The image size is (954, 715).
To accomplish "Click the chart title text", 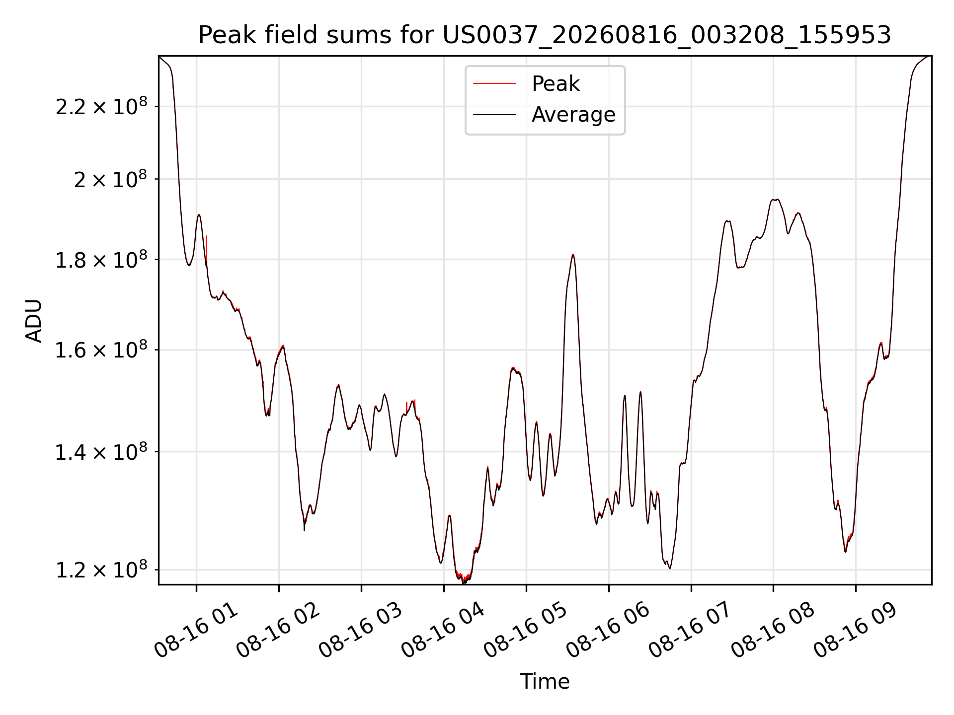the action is (x=545, y=35).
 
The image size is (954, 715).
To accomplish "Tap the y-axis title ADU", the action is (x=34, y=321).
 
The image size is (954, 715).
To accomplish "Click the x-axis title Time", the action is (x=545, y=681).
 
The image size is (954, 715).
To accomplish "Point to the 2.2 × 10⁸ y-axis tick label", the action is (x=101, y=106).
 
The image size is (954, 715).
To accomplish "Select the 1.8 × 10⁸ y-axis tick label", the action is (x=101, y=259).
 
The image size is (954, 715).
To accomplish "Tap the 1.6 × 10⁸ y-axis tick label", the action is (x=101, y=350).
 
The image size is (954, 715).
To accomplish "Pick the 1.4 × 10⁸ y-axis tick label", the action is (x=101, y=452).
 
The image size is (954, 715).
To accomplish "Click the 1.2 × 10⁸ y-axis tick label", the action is (x=101, y=570).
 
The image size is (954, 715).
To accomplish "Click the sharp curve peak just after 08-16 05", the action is (x=573, y=255).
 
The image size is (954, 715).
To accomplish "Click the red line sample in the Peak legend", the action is (x=494, y=84).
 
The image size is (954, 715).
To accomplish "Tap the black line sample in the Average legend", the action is (x=494, y=115).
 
